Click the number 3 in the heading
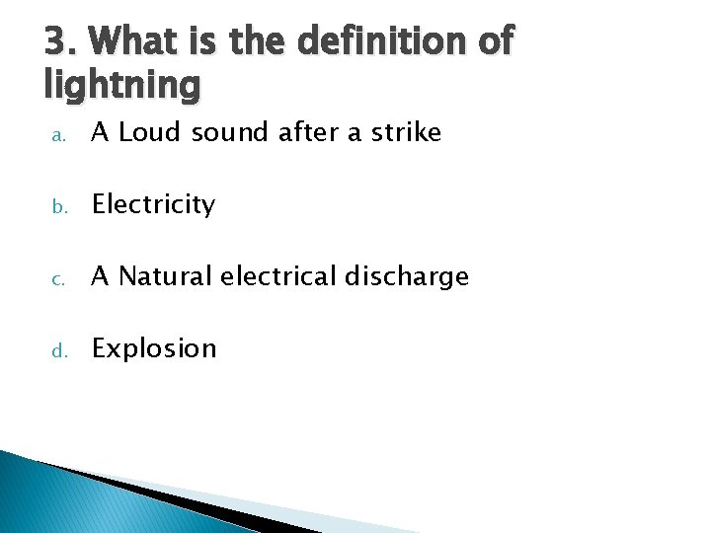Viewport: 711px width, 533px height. click(x=56, y=42)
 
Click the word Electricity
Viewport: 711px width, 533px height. click(x=153, y=204)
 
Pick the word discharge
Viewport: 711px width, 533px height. click(x=411, y=277)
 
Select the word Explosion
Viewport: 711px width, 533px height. click(x=153, y=348)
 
